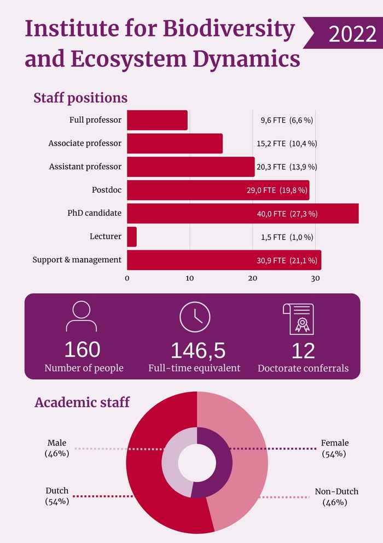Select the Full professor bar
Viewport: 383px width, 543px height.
point(157,120)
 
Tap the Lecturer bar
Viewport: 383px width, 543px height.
point(132,237)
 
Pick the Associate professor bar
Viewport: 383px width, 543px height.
point(175,144)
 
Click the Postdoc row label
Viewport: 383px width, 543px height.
point(107,190)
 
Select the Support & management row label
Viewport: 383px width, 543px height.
point(77,260)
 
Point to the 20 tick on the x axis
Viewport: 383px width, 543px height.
point(252,278)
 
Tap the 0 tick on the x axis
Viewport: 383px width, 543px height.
point(127,278)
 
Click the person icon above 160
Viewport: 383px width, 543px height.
point(81,317)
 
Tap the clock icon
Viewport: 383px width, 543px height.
point(195,317)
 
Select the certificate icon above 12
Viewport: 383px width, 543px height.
point(298,318)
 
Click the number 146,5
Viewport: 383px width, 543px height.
point(198,351)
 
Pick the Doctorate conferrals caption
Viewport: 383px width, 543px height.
point(303,368)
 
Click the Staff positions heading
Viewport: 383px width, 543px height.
point(80,98)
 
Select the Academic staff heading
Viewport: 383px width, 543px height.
point(82,402)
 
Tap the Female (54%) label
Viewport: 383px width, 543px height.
point(334,448)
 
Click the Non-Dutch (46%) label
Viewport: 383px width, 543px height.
point(336,496)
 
